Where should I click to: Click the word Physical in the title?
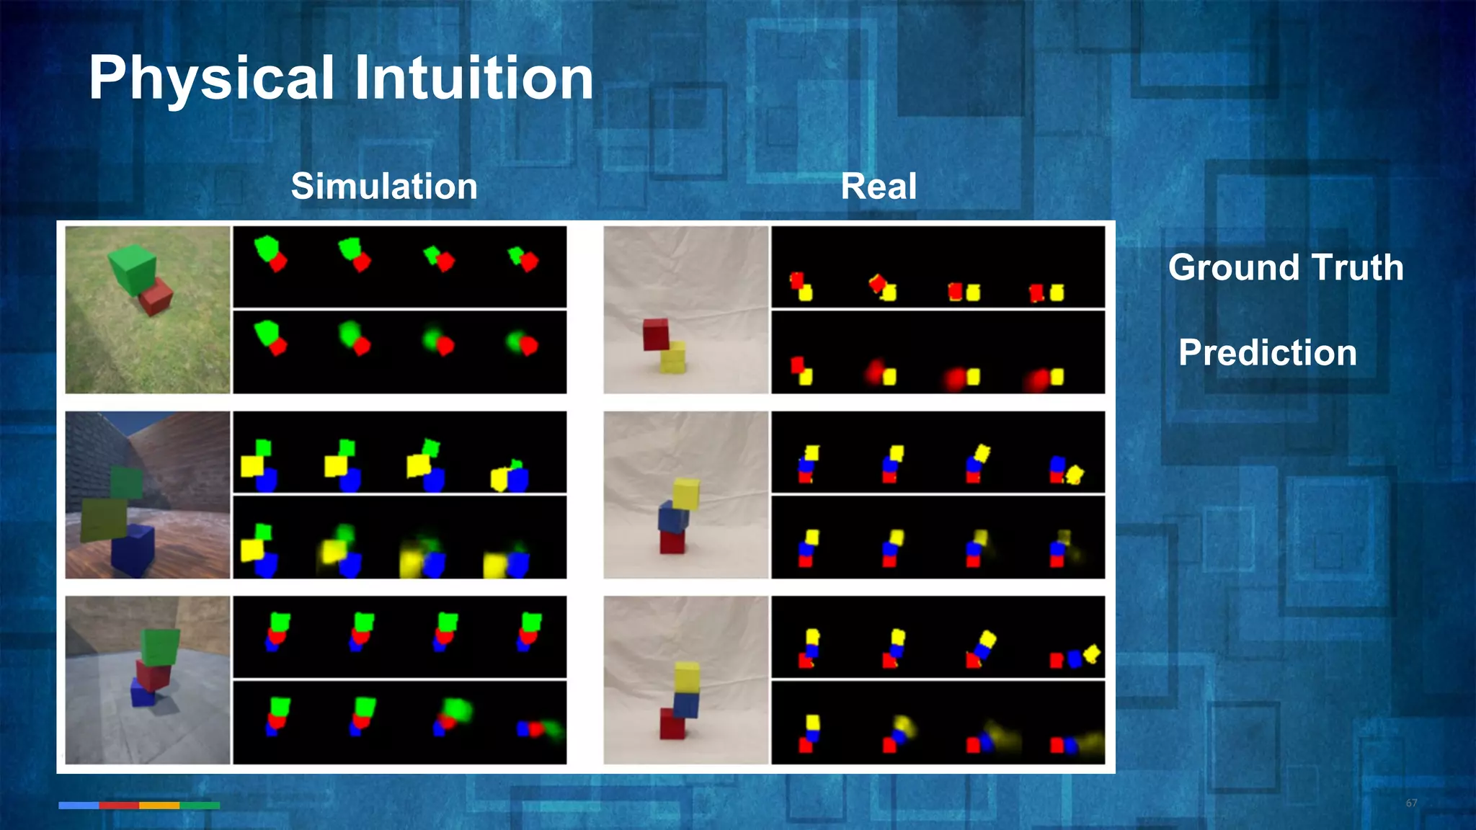tap(211, 79)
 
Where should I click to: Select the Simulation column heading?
tap(384, 187)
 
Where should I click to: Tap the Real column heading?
tap(878, 187)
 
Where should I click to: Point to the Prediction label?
tap(1267, 353)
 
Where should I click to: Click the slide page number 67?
tap(1410, 803)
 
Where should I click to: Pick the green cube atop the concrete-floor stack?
tap(160, 647)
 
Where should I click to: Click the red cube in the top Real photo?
tap(656, 334)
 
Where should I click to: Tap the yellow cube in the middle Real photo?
tap(686, 494)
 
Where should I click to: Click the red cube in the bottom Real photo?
tap(672, 723)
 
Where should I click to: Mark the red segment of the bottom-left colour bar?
tap(119, 806)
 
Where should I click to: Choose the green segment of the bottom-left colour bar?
tap(200, 806)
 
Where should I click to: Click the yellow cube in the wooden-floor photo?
tap(104, 519)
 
